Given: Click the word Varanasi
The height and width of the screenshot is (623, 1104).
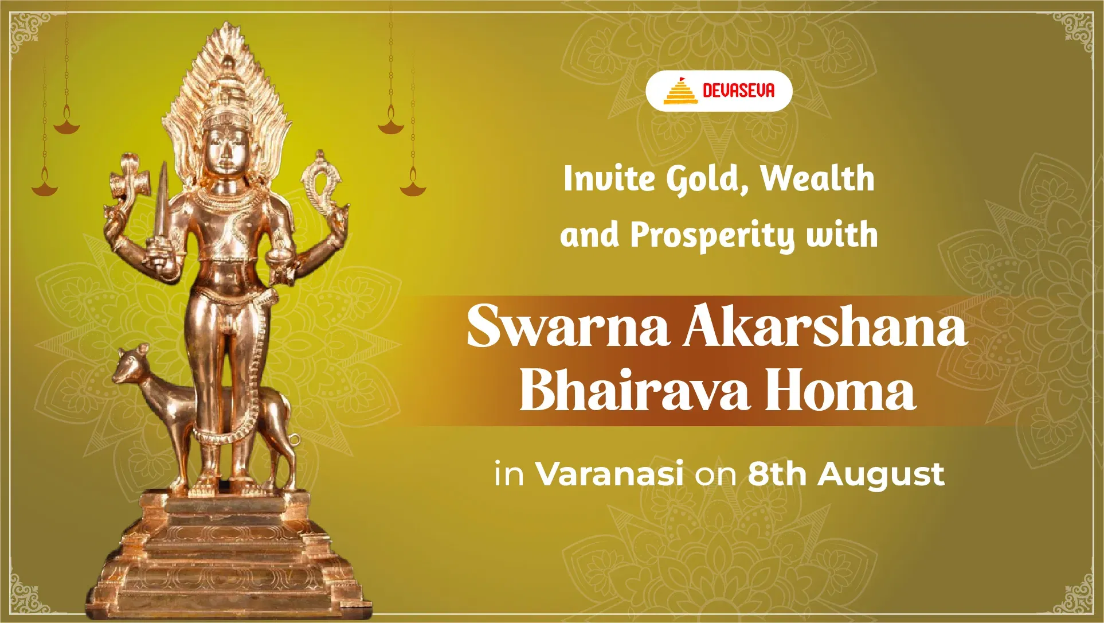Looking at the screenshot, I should [609, 474].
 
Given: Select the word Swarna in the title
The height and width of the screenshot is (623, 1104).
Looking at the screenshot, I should [568, 326].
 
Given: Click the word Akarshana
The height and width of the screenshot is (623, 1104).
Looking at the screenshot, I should [825, 326].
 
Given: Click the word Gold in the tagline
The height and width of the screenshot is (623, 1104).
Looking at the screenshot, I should [707, 180].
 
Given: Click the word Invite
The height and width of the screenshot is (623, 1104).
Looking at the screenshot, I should [608, 178].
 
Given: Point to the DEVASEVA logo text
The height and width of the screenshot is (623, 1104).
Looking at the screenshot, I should [738, 91].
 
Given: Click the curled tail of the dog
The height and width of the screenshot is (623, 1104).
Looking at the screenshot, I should [294, 440].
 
